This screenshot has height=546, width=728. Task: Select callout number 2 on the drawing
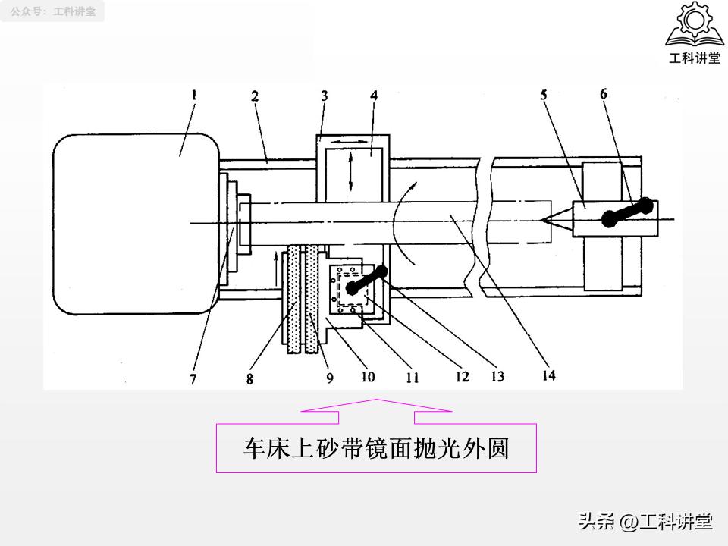255,96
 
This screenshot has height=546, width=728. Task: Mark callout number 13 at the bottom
497,375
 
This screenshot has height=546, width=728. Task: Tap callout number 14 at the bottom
548,375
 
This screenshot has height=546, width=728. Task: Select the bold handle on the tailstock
627,212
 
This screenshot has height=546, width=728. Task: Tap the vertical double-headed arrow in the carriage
351,172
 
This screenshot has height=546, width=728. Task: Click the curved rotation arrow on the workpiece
410,220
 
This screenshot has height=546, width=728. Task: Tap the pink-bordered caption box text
376,448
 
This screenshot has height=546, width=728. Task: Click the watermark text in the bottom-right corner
645,522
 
